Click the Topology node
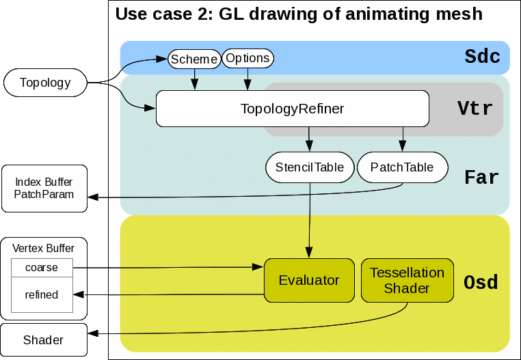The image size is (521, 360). click(x=45, y=83)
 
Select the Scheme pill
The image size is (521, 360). click(x=194, y=59)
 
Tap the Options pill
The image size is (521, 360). click(x=248, y=59)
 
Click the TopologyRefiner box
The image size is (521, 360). click(x=292, y=109)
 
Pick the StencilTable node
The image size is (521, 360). click(x=310, y=167)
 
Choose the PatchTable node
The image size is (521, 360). click(x=402, y=167)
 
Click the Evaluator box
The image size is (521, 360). click(x=309, y=280)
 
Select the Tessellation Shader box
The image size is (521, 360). click(x=407, y=280)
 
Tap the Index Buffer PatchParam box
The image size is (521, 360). click(x=44, y=189)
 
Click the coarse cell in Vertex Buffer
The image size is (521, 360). click(x=42, y=268)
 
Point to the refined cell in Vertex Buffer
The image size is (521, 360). click(x=42, y=295)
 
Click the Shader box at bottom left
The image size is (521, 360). click(x=44, y=340)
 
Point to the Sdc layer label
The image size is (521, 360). click(x=482, y=57)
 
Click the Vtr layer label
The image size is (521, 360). click(x=475, y=109)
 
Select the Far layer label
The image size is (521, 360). click(x=481, y=178)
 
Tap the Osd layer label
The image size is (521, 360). click(x=481, y=281)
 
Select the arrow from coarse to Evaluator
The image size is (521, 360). click(x=168, y=268)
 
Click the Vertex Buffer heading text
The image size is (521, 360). click(x=44, y=248)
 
